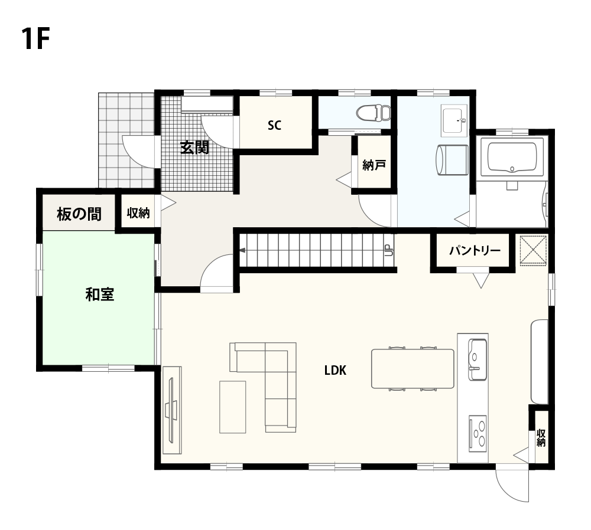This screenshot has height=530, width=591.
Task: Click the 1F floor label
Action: (35, 38)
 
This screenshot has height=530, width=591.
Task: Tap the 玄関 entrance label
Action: (194, 147)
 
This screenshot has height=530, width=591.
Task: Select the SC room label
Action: (274, 125)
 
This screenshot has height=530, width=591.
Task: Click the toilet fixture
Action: (374, 113)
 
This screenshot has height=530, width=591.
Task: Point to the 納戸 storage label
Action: (374, 165)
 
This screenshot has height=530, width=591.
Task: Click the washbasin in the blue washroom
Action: (454, 120)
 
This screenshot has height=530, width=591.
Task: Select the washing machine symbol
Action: (452, 160)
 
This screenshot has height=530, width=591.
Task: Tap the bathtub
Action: (512, 158)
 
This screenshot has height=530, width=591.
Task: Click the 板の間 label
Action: (79, 214)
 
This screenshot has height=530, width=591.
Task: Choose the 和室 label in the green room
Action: (100, 295)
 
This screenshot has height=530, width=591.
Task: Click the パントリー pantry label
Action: (475, 250)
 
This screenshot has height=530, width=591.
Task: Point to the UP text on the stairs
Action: (388, 250)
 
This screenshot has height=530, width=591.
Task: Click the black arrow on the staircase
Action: (243, 250)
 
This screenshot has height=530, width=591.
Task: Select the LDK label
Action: (335, 371)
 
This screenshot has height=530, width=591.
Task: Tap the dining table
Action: (413, 368)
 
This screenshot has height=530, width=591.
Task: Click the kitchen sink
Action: (478, 359)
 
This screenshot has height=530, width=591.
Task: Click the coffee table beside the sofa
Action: (232, 407)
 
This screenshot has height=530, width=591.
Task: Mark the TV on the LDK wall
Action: (172, 410)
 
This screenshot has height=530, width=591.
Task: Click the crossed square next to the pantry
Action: (533, 250)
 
